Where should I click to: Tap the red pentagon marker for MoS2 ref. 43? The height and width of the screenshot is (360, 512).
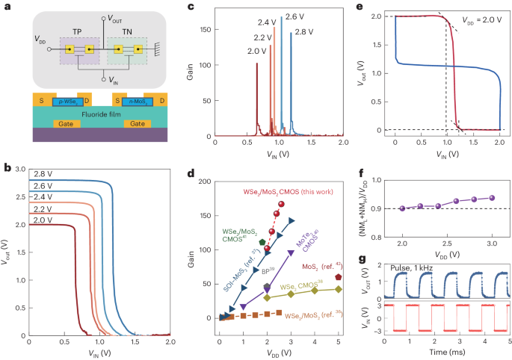coord(339,277)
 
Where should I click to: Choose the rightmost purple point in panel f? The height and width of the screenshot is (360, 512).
coord(491,198)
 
